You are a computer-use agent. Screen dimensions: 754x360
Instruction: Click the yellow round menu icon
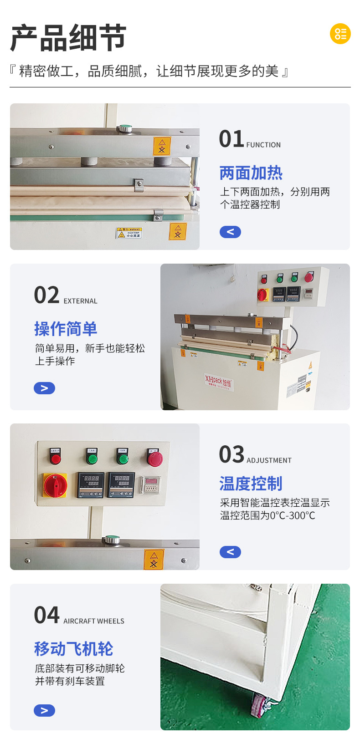tap(340, 34)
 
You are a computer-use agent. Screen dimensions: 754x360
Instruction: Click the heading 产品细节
tap(68, 38)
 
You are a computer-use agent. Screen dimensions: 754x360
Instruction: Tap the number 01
tap(231, 139)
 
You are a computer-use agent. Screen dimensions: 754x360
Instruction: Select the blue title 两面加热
tap(251, 173)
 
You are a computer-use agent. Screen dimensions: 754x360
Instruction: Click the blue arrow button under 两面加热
tap(230, 232)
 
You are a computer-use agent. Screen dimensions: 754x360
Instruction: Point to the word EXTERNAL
tap(80, 301)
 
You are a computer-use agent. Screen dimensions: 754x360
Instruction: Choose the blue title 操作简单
tap(66, 329)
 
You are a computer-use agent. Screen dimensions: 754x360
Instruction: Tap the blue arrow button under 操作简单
tap(44, 388)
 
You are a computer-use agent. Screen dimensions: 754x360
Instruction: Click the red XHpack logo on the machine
tap(218, 381)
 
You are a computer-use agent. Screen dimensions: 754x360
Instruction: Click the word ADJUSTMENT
tap(269, 460)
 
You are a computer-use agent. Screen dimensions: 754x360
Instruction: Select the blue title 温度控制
tap(251, 484)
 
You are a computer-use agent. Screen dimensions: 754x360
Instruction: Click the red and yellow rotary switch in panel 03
tap(55, 485)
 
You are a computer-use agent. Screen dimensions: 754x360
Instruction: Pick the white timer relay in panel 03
tap(150, 485)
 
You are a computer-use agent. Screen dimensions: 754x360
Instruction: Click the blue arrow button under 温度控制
tap(230, 552)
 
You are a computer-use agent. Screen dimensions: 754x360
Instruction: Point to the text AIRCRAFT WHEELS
tap(94, 621)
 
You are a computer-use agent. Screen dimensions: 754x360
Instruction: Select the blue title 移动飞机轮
tap(74, 649)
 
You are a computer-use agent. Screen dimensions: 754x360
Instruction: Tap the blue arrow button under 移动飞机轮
tap(44, 710)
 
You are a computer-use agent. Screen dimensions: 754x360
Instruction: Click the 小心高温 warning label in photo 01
tap(129, 233)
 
